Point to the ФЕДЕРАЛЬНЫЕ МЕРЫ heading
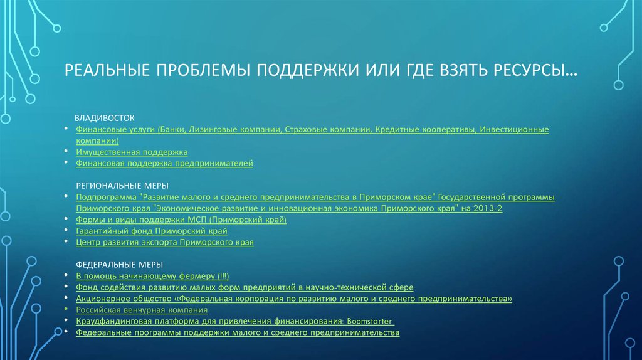pos(110,264)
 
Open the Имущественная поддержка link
pos(132,152)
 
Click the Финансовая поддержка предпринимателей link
pos(164,163)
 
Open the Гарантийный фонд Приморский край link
pos(151,231)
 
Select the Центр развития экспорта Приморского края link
pos(164,242)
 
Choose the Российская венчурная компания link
pos(142,310)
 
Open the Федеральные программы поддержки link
pos(237,332)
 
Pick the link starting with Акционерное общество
pos(293,299)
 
